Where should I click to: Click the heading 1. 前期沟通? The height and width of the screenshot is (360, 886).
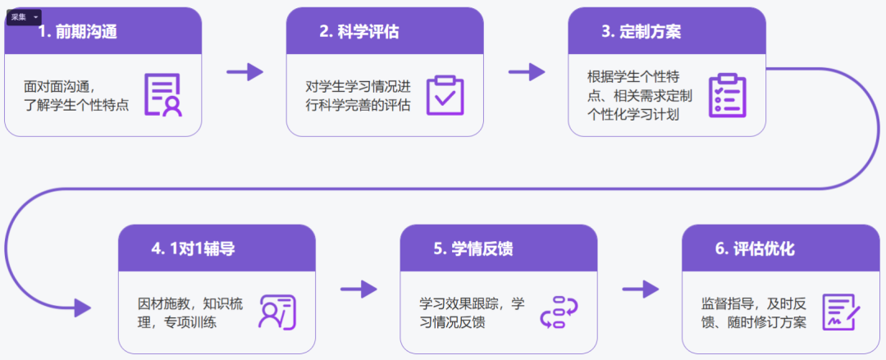pyautogui.click(x=77, y=32)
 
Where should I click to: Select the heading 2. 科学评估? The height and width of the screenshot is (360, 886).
pyautogui.click(x=359, y=32)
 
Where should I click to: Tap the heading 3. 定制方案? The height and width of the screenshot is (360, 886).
pyautogui.click(x=642, y=32)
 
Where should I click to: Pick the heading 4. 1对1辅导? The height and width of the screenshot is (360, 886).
pyautogui.click(x=193, y=248)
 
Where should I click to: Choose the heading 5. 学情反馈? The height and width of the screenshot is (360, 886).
pyautogui.click(x=473, y=248)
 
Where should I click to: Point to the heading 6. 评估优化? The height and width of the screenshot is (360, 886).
pyautogui.click(x=756, y=248)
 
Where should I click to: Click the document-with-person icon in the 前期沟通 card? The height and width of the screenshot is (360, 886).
pyautogui.click(x=163, y=95)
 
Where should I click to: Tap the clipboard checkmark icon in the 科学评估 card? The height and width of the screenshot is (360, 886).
pyautogui.click(x=445, y=95)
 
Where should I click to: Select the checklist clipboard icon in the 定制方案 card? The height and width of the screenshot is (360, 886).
pyautogui.click(x=727, y=95)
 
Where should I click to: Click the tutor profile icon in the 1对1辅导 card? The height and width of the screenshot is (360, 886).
pyautogui.click(x=277, y=312)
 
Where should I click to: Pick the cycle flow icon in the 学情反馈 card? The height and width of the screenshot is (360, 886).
pyautogui.click(x=559, y=312)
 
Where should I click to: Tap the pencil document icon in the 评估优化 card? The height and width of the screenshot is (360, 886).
pyautogui.click(x=842, y=312)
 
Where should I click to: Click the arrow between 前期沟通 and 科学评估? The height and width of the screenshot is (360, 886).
pyautogui.click(x=245, y=72)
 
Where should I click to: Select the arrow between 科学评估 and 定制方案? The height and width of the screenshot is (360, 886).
pyautogui.click(x=527, y=72)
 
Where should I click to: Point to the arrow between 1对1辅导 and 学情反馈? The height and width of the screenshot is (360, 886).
pyautogui.click(x=359, y=289)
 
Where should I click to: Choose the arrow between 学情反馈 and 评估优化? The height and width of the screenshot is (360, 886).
pyautogui.click(x=641, y=289)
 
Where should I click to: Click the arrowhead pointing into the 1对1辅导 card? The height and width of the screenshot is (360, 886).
pyautogui.click(x=83, y=308)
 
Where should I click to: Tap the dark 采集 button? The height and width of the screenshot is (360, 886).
pyautogui.click(x=24, y=17)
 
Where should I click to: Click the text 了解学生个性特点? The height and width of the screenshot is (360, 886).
pyautogui.click(x=76, y=105)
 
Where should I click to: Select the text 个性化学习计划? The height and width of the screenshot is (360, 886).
pyautogui.click(x=633, y=114)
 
